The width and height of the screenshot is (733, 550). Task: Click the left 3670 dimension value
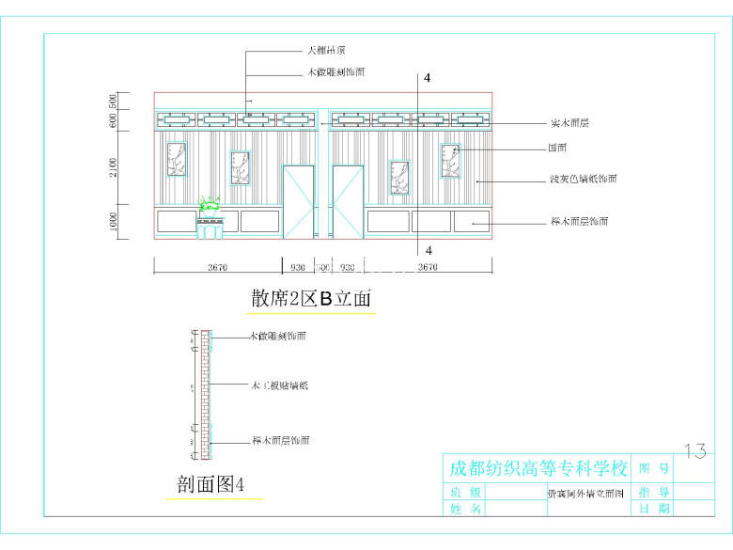click(x=217, y=267)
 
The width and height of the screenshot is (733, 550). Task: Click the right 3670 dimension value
click(x=427, y=267)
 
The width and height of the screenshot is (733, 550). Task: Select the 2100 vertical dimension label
click(x=113, y=168)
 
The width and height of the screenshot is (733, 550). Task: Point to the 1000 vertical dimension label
click(x=113, y=222)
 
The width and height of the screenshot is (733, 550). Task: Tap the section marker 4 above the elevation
click(x=427, y=79)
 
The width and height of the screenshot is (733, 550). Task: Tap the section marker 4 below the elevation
click(x=429, y=251)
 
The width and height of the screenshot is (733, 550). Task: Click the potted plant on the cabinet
click(x=209, y=204)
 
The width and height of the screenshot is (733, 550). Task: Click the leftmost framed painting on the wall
click(x=176, y=160)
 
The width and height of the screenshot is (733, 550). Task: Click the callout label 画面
click(x=557, y=148)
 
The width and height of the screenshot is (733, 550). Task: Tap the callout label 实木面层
click(x=569, y=123)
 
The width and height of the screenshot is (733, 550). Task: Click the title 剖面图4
click(x=211, y=485)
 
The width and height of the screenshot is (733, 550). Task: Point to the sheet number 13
click(x=695, y=451)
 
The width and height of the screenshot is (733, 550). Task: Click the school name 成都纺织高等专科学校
click(x=538, y=468)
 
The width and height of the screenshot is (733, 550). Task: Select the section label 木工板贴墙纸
click(x=279, y=385)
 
